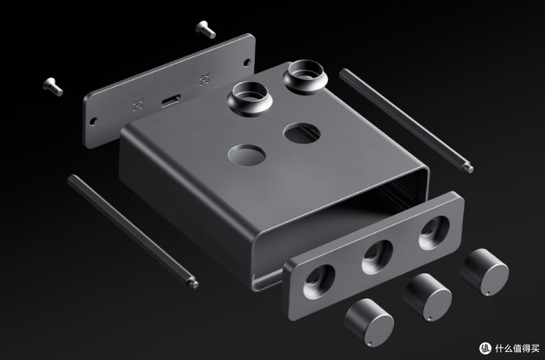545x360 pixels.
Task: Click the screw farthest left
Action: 53,86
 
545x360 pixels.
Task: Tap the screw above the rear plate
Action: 206,30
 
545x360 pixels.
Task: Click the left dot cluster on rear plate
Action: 138,104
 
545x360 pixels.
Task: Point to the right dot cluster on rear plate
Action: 204,80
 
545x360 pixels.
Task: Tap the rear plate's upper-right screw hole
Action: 247,63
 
